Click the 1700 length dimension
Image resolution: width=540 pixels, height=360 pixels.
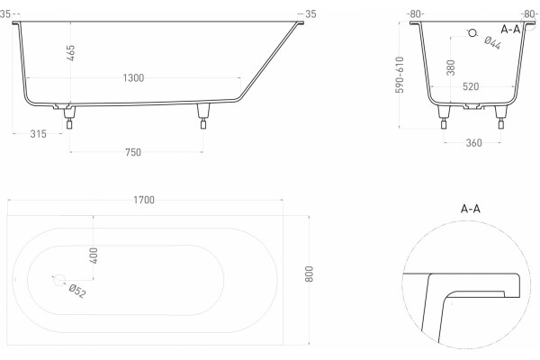[144, 200]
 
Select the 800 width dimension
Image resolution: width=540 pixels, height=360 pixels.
[310, 274]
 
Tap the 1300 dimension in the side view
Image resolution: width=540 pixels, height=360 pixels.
[133, 78]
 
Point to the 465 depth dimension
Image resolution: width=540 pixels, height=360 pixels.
[70, 53]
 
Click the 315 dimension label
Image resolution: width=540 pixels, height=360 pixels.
[38, 134]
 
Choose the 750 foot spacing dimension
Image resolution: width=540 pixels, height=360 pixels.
[133, 152]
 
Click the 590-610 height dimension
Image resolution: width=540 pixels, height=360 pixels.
[400, 75]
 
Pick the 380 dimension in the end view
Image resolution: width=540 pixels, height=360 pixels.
[451, 67]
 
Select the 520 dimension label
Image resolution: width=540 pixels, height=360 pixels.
[471, 86]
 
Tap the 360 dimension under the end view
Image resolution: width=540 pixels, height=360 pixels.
[474, 142]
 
